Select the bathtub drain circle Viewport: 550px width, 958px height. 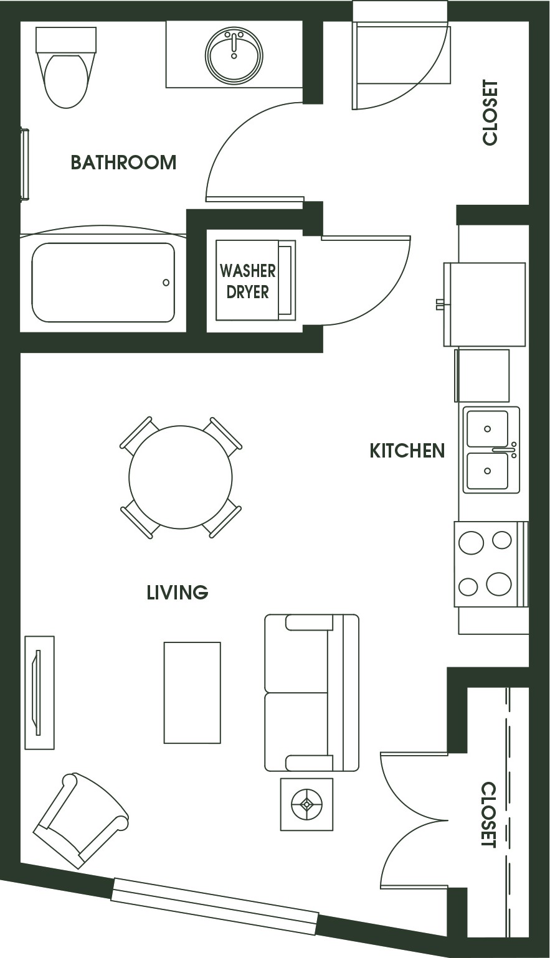[166, 283]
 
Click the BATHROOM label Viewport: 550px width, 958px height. [123, 162]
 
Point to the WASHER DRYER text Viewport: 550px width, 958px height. [247, 281]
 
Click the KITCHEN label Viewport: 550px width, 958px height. [407, 451]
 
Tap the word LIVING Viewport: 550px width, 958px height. [177, 593]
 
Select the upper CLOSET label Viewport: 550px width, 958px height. [490, 113]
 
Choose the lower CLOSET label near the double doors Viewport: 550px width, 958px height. [489, 815]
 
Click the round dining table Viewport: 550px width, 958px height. [181, 477]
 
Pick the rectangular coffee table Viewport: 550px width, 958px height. [192, 692]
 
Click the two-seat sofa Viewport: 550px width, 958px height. [311, 693]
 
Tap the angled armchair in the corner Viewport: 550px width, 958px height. [81, 820]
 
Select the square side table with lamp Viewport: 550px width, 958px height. [306, 804]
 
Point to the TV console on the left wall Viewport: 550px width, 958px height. [39, 692]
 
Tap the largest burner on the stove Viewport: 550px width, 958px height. [498, 584]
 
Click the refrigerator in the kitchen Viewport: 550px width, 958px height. [484, 304]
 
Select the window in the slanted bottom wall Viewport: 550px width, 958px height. [214, 906]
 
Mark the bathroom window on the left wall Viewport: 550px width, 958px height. [25, 164]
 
